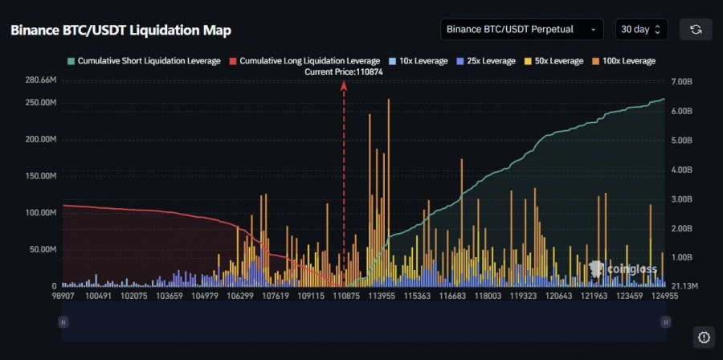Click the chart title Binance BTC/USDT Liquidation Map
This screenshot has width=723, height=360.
click(120, 31)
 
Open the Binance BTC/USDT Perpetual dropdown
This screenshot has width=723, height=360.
click(521, 30)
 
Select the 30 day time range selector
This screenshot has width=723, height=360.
click(640, 30)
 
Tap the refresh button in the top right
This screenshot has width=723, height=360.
click(696, 30)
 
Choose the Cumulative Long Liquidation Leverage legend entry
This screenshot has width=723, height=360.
click(304, 61)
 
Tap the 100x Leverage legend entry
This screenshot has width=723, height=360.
click(623, 61)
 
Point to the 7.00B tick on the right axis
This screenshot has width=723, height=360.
click(680, 82)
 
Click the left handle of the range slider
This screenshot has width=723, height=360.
click(63, 321)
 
